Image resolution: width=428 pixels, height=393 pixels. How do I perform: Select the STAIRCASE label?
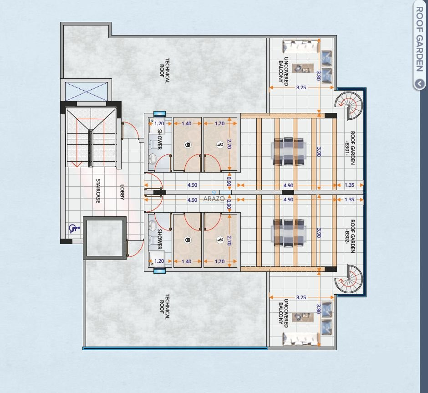click(98, 191)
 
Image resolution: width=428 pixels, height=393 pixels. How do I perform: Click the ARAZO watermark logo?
click(214, 199)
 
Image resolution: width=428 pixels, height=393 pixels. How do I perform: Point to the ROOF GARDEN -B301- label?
click(350, 148)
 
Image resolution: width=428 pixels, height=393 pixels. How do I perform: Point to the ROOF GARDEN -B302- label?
click(350, 236)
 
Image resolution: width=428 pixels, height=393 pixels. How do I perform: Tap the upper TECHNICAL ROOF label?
click(164, 71)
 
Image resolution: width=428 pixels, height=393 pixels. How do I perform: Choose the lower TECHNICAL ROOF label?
click(164, 306)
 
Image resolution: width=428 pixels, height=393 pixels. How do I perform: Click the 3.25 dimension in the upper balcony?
click(301, 87)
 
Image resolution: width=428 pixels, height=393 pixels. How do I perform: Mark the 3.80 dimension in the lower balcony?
click(318, 309)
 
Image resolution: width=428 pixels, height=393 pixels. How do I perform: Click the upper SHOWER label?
click(160, 139)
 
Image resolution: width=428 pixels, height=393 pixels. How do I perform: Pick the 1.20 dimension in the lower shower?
click(159, 261)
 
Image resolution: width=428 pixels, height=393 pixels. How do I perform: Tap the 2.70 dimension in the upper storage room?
click(229, 144)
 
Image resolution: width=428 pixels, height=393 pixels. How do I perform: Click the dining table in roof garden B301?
click(289, 152)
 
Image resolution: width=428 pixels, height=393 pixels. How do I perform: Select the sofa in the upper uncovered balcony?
click(301, 46)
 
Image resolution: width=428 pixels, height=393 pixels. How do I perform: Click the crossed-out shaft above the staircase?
click(86, 92)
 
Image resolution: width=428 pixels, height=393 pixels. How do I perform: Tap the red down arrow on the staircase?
click(77, 164)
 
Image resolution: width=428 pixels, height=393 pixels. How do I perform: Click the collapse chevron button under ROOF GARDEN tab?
click(419, 83)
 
